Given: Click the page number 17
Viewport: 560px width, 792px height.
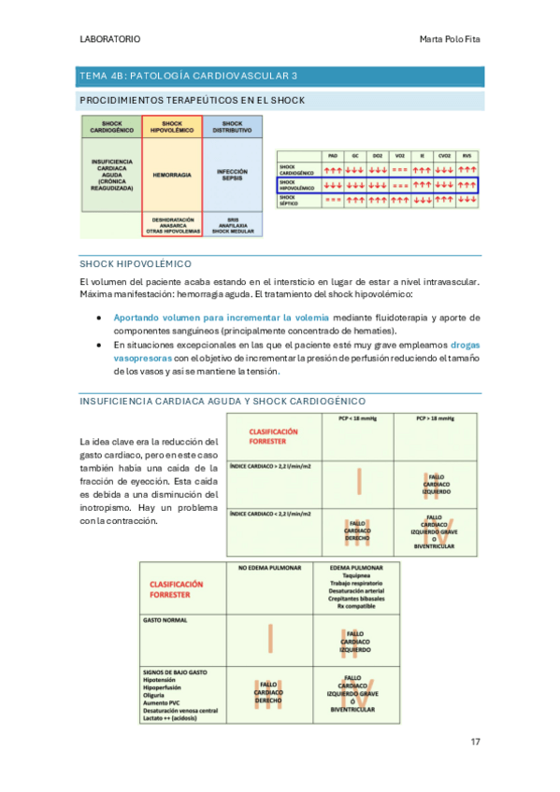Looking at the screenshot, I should point(474,742).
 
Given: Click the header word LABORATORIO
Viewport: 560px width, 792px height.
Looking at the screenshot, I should point(110,39).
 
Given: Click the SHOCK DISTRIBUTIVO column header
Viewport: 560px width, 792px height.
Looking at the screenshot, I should point(232,127).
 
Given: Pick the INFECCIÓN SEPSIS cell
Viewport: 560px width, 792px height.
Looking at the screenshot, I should point(232,175).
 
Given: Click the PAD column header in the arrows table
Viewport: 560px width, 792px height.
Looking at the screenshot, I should point(333,156).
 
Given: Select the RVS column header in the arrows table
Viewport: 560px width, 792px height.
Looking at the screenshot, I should point(467,156).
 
